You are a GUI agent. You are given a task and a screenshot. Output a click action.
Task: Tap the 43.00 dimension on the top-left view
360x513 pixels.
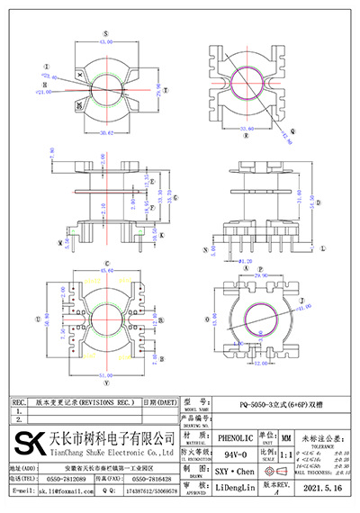coord(106,41)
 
